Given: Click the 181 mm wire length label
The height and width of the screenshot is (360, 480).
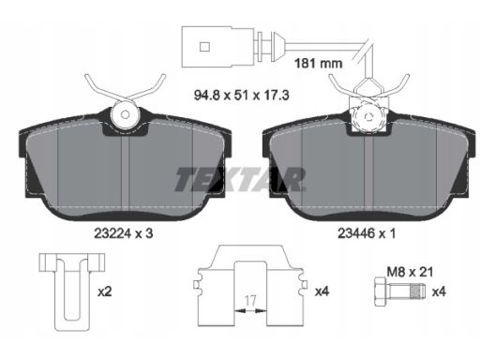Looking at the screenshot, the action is pos(319,64).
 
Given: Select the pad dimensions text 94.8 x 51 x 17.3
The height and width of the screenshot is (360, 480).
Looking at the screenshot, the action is pos(241,95).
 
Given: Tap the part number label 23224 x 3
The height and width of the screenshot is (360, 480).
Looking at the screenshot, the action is pos(124,233).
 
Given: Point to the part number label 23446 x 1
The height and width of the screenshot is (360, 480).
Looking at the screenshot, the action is pos(367,233).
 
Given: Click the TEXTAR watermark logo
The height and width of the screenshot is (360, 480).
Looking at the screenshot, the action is pos(240,179).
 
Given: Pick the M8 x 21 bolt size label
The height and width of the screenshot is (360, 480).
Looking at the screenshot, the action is pos(410,272).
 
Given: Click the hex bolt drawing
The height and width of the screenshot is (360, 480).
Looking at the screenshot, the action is pos(399,292).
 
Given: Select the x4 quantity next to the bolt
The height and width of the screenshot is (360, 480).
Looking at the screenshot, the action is pos(439,292).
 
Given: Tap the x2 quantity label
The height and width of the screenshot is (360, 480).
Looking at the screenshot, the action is pos(105,292).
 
